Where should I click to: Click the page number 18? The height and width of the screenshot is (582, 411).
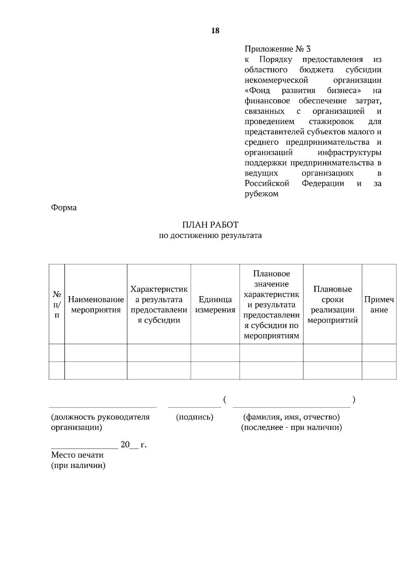[215, 31]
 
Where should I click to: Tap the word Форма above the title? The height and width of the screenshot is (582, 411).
[64, 208]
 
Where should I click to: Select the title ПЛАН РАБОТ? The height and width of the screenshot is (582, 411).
[210, 225]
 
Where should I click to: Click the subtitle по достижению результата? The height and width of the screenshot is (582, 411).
[210, 235]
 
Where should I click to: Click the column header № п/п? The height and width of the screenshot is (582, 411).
[57, 305]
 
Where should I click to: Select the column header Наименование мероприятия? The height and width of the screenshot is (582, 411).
[96, 305]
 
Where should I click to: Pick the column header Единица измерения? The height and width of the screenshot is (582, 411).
[215, 305]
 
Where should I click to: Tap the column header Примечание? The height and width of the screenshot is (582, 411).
[379, 305]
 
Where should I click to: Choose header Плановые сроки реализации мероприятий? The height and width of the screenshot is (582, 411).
[332, 305]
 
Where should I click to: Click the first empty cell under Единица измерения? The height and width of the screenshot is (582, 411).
[215, 353]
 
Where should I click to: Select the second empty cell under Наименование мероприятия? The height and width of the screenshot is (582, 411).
[96, 371]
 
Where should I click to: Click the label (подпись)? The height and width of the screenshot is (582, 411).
[195, 417]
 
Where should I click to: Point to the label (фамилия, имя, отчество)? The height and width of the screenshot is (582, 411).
[291, 417]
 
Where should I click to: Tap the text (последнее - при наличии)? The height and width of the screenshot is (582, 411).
[291, 427]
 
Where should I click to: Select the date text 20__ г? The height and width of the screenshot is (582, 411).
[134, 445]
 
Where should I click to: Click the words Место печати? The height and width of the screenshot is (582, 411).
[77, 455]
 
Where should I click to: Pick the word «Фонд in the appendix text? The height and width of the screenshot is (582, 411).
[258, 91]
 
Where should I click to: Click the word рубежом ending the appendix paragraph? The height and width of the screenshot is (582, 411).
[261, 194]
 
